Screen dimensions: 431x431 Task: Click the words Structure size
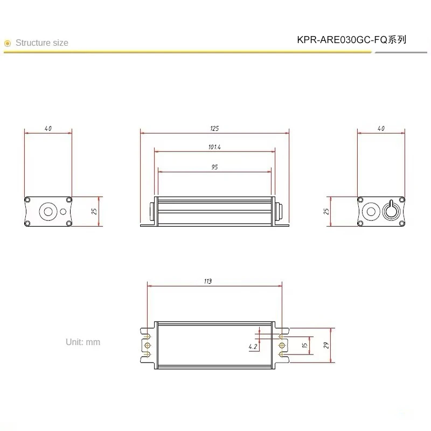[42, 43]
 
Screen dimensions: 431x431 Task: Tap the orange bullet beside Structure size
[8, 43]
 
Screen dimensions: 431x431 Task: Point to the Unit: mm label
[83, 342]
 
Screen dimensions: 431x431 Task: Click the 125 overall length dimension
[214, 129]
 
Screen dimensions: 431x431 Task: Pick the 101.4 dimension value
[214, 147]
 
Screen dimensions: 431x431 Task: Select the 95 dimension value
[214, 167]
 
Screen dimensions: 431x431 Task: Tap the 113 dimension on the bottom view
[208, 281]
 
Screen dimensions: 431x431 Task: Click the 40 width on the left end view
[48, 129]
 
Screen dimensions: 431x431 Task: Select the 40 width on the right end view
[381, 129]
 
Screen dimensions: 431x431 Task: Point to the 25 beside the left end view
[94, 211]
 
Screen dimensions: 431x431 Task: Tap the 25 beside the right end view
[326, 211]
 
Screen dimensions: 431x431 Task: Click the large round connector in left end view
[48, 211]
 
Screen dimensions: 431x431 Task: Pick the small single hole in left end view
[67, 211]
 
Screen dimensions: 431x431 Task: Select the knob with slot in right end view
[391, 211]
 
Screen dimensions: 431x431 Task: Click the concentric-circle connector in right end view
[371, 211]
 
